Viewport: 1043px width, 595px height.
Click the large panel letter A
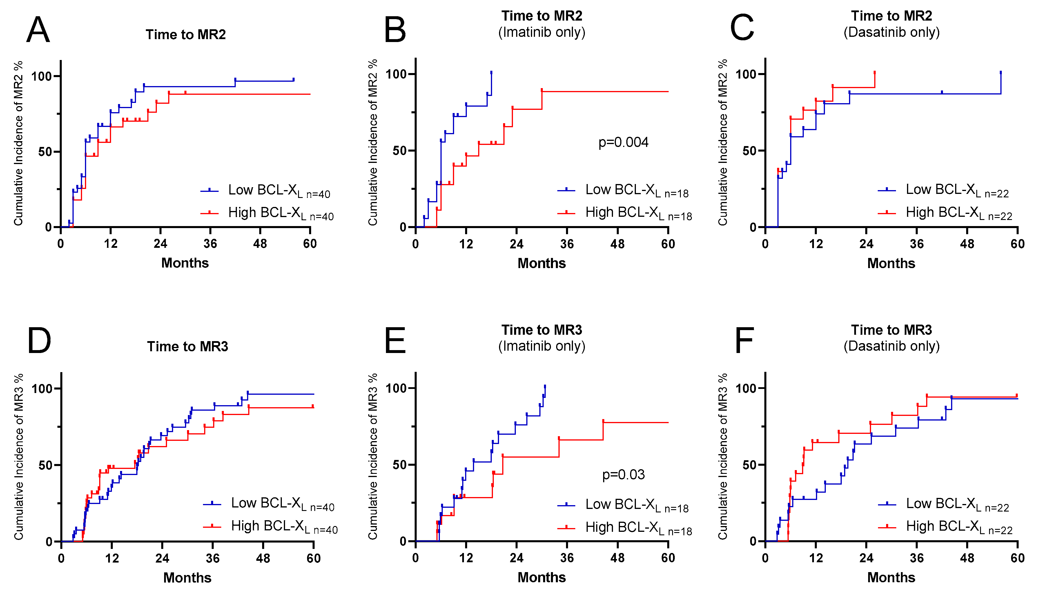[x=38, y=30]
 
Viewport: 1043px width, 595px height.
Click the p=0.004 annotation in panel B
[x=623, y=142]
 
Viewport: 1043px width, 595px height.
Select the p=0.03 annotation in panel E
[x=623, y=474]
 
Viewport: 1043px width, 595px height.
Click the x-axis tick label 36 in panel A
[x=210, y=244]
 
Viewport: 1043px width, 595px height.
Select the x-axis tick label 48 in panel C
[x=967, y=244]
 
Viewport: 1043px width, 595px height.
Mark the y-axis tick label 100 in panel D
[x=42, y=388]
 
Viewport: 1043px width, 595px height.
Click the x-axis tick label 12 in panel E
[x=466, y=558]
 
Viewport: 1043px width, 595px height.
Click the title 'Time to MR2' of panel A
[x=186, y=35]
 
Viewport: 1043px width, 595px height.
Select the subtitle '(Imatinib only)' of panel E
[x=541, y=346]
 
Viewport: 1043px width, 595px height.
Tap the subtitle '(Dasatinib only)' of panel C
[x=891, y=32]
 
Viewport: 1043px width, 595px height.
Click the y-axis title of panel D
[x=18, y=456]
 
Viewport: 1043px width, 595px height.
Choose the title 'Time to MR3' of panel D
[x=187, y=347]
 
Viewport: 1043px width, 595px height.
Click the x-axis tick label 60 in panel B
[x=668, y=244]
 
